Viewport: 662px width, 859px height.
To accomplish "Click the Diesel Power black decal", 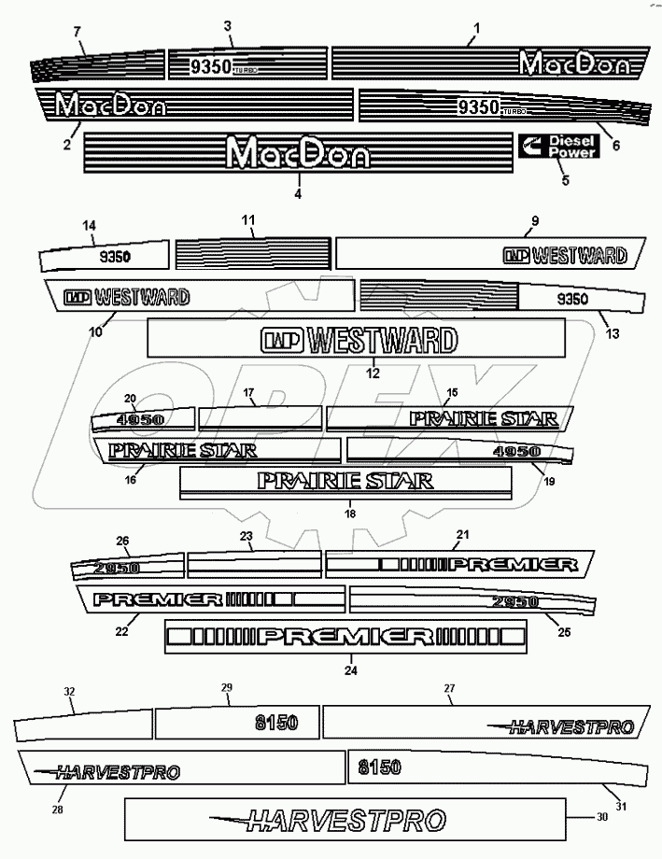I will [x=558, y=147].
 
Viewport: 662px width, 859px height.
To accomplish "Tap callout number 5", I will [x=564, y=181].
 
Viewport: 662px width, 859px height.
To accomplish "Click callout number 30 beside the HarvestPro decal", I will [x=601, y=817].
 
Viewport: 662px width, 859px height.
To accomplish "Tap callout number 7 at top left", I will [x=77, y=34].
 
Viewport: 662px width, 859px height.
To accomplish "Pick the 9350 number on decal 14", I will [x=116, y=255].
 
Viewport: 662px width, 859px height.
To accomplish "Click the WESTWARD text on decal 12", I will [x=381, y=340].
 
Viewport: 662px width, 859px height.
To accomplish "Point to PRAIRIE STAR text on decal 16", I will [x=183, y=450].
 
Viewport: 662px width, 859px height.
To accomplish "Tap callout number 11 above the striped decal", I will [x=248, y=220].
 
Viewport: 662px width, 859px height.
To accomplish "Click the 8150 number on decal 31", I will [x=379, y=767].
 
